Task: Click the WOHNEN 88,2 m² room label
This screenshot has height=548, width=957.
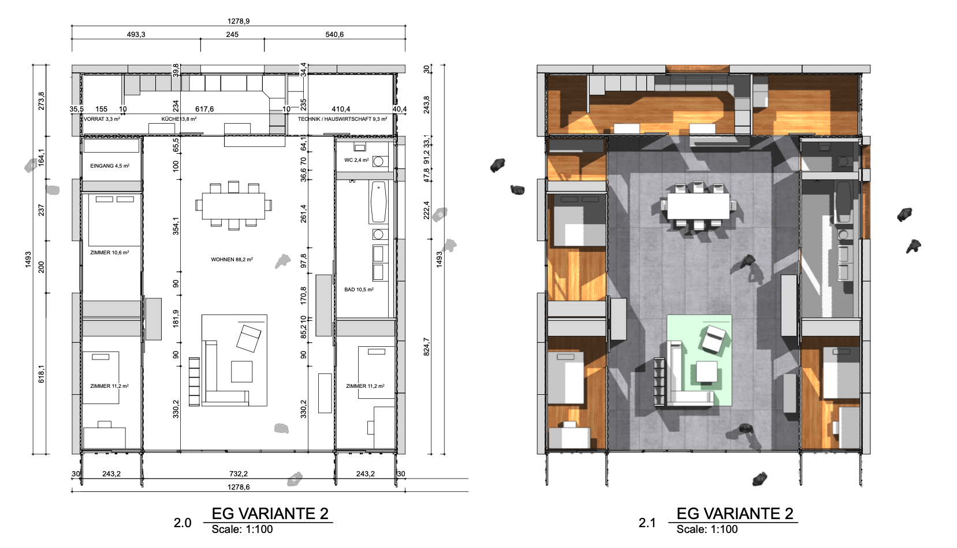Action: pos(232,260)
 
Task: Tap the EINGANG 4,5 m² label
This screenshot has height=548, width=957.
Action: pos(110,166)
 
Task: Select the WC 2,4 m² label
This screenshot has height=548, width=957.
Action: pos(356,160)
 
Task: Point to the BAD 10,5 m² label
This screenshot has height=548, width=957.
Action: pos(359,290)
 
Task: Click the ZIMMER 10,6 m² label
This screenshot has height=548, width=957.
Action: pos(109,253)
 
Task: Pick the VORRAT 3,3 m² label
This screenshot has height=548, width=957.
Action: pos(102,119)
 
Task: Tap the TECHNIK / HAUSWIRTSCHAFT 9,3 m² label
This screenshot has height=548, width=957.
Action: pos(342,119)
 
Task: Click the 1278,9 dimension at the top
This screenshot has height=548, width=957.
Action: pos(239,21)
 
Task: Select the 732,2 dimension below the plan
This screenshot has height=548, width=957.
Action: pos(239,473)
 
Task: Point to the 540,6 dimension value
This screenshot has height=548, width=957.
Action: pos(334,35)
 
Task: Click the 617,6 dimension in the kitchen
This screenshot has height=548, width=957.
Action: pos(204,109)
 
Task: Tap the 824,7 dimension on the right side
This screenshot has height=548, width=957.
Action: pos(427,347)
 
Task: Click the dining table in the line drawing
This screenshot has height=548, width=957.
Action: pos(233,206)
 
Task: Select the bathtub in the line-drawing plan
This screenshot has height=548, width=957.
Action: pos(378,202)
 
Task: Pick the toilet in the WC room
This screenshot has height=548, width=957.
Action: pos(378,162)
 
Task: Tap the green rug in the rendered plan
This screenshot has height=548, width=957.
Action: pos(699,360)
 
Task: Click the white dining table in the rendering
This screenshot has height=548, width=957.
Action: pos(698,206)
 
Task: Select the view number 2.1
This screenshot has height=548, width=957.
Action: pos(647,523)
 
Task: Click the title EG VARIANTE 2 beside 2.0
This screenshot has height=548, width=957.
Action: pos(270,513)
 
